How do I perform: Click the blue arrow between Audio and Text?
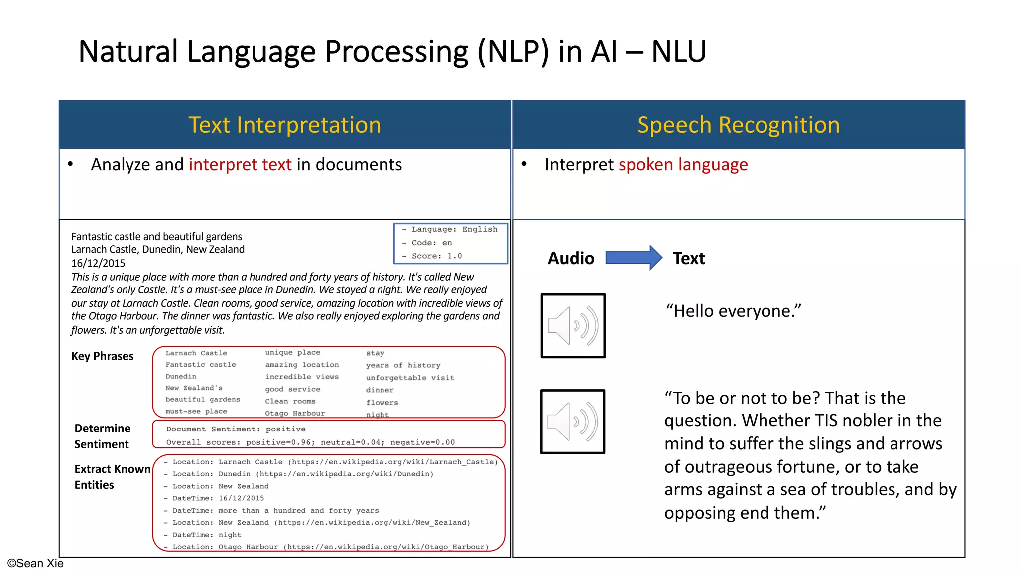[x=633, y=258]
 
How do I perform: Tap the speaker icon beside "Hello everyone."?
[x=573, y=326]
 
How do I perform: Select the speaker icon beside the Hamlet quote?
[x=573, y=422]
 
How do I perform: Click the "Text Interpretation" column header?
[x=285, y=125]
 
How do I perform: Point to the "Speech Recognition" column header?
[x=739, y=125]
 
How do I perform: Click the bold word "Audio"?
[x=571, y=258]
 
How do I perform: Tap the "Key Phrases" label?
[x=102, y=356]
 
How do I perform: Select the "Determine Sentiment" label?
[x=102, y=436]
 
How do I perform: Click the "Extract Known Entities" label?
[x=112, y=477]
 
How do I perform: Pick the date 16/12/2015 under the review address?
[x=98, y=263]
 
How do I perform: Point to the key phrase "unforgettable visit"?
[x=410, y=378]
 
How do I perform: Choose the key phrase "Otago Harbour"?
[x=295, y=413]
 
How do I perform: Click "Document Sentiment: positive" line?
[x=236, y=429]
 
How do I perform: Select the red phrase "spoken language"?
[x=683, y=165]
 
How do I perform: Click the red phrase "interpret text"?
[x=240, y=165]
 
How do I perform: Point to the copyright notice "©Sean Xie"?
[x=35, y=563]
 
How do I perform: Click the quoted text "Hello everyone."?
[x=733, y=311]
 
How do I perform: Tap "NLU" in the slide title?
[x=679, y=52]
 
